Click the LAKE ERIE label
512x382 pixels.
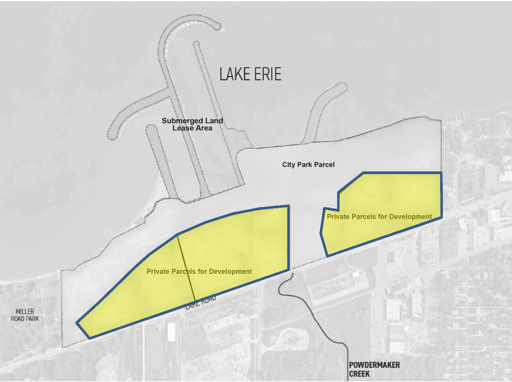tap(250, 74)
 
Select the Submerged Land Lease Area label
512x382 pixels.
tap(192, 124)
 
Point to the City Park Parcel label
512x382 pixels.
tap(308, 165)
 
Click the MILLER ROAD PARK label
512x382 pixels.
tap(25, 315)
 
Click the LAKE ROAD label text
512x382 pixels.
tap(201, 302)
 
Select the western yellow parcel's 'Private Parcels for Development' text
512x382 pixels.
tap(199, 271)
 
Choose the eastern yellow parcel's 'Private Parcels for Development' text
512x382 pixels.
tap(379, 216)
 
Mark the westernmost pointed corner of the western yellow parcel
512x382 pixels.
tap(77, 323)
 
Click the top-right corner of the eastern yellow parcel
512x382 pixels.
tap(440, 173)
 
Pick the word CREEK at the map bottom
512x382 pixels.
tap(360, 374)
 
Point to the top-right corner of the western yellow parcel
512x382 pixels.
tap(288, 206)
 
